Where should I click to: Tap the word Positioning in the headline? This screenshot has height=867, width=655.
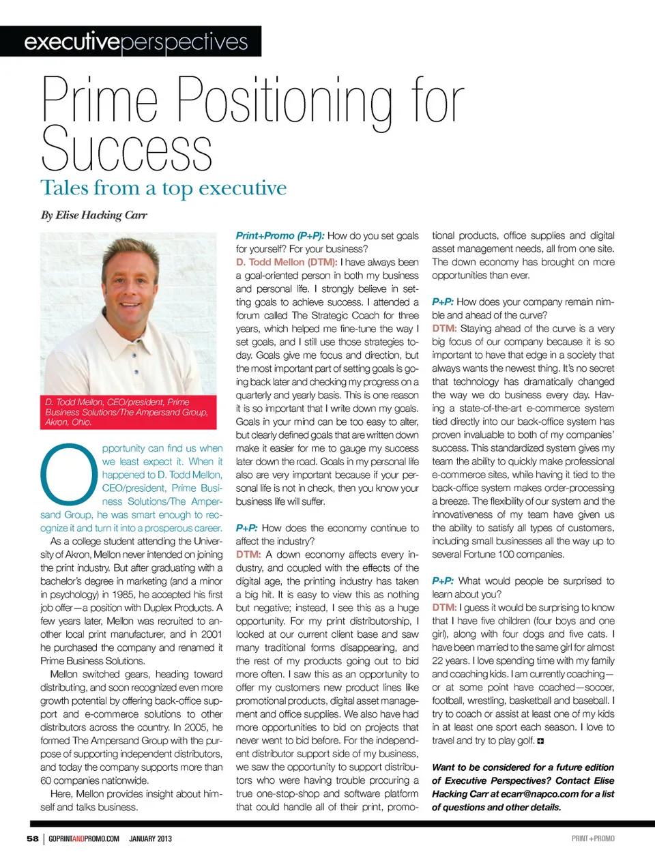[285, 102]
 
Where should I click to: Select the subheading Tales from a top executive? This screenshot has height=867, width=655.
[163, 188]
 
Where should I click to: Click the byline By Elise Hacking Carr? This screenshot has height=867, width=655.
[93, 215]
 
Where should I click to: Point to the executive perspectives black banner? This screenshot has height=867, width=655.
[131, 42]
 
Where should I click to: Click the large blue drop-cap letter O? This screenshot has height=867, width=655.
[68, 474]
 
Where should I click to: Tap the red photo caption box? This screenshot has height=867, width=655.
[128, 412]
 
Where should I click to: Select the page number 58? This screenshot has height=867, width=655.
[33, 838]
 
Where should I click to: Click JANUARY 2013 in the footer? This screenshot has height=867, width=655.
[150, 838]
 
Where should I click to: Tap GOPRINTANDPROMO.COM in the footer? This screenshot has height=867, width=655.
[84, 838]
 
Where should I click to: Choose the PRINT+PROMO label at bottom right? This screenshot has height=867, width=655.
[592, 838]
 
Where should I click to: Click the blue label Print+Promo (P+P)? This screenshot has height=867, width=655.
[280, 235]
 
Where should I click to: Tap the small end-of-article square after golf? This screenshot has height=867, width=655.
[540, 741]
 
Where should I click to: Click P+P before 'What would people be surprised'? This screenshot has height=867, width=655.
[443, 581]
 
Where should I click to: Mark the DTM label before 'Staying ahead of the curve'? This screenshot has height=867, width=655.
[444, 328]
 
